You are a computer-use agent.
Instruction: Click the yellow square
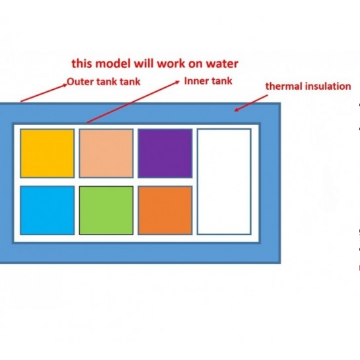[47, 153]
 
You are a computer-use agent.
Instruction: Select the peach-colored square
[106, 153]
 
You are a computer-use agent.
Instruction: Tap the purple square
[165, 153]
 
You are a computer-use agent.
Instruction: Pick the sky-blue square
[47, 210]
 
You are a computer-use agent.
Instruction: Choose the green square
[106, 210]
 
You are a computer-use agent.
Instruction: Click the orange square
[165, 210]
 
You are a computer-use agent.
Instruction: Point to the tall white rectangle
[224, 182]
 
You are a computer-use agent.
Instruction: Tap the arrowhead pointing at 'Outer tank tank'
[65, 85]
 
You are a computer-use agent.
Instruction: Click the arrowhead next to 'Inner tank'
[177, 82]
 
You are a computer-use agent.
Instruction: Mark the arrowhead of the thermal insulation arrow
[236, 110]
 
